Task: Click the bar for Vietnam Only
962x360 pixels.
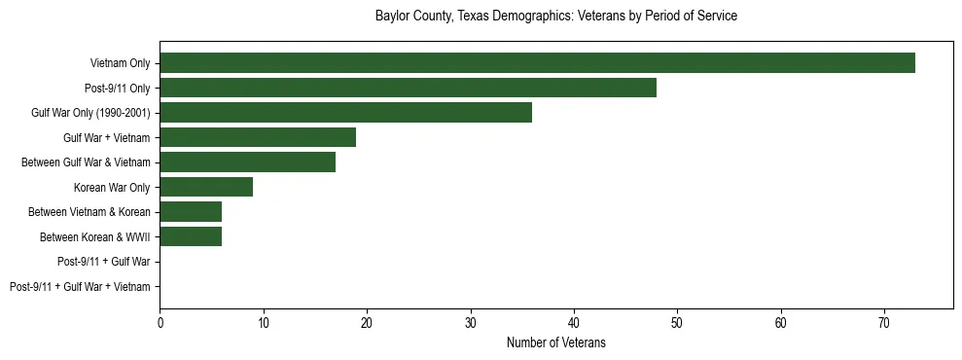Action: point(537,63)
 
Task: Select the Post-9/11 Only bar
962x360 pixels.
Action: point(408,88)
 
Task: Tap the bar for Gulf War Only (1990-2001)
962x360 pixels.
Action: point(345,113)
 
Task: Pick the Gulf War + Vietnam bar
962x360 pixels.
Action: point(258,137)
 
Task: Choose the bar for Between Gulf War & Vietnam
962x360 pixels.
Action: point(247,162)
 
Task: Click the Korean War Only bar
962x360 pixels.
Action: point(206,187)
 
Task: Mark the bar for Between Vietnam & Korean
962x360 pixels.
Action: point(191,212)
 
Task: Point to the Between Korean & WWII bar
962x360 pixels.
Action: point(191,236)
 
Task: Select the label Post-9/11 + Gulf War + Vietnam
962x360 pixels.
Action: point(80,287)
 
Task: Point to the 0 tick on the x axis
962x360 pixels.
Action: point(160,322)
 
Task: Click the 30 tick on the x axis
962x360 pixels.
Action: point(470,322)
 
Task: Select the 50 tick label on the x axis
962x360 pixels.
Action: point(677,322)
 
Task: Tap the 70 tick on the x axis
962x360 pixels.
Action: point(884,322)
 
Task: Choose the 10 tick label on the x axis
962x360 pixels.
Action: point(263,322)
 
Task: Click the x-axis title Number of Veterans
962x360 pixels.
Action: point(556,342)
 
